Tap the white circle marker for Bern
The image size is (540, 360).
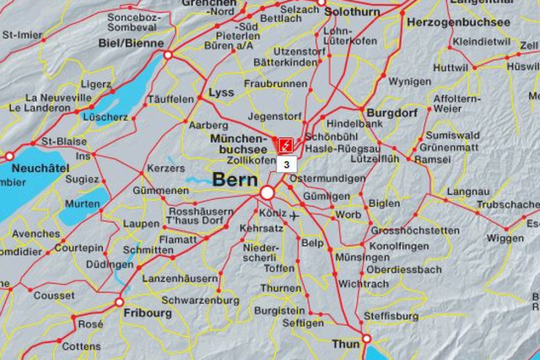[267, 193]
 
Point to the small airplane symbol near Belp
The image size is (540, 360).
[294, 216]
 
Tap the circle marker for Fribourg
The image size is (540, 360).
[119, 302]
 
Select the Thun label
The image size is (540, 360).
[344, 344]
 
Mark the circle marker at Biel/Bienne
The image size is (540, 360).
[168, 55]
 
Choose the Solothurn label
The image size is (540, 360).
[352, 13]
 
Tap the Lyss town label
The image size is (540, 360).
[220, 92]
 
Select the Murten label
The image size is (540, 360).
[82, 204]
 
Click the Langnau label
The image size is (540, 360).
[467, 191]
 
